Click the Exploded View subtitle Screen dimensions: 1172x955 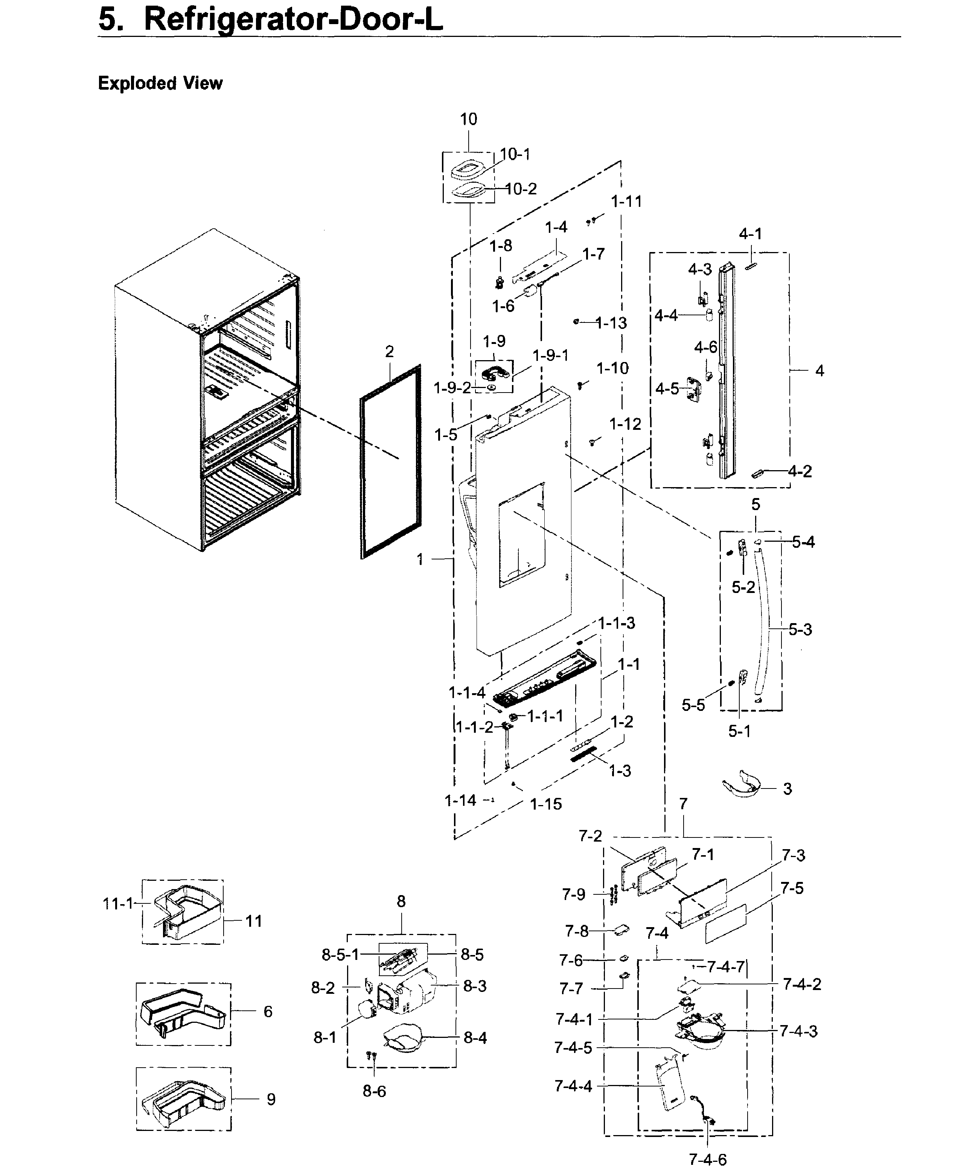160,83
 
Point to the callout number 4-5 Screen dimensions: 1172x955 667,389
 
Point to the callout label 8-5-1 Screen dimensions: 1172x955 340,955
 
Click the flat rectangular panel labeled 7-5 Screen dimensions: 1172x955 726,923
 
